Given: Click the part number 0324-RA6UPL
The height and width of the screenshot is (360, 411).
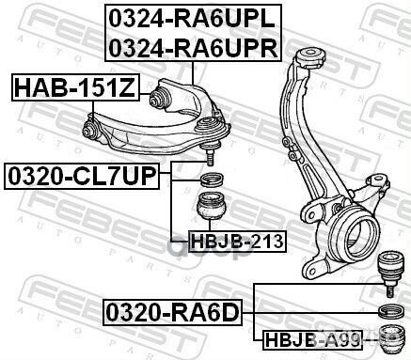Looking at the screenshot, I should tap(192, 19).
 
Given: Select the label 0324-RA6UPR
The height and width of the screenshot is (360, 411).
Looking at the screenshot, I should tap(192, 46).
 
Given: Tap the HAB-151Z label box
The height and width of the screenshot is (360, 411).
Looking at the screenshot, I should tap(75, 89).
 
